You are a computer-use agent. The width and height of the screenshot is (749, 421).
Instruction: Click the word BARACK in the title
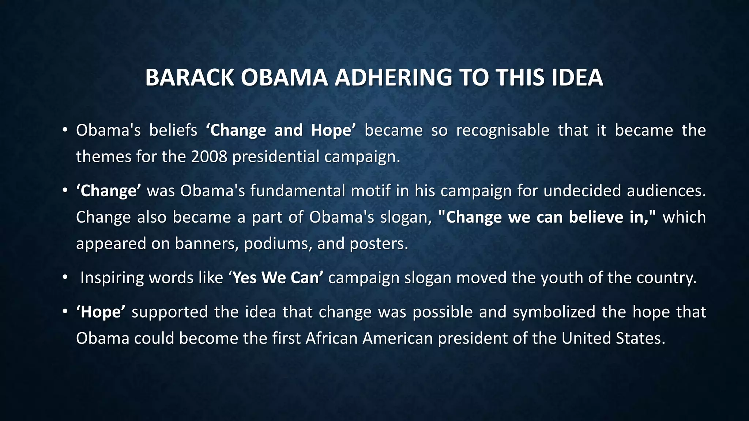(189, 77)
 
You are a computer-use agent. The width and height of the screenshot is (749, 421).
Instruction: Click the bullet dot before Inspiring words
(65, 278)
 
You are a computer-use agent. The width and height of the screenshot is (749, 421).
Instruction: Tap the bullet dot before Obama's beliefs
(65, 130)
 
